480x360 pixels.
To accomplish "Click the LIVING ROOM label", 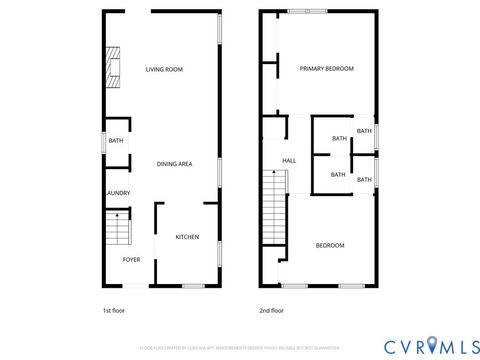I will (164, 69).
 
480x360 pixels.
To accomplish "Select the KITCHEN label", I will (187, 237).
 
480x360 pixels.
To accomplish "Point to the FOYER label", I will (131, 259).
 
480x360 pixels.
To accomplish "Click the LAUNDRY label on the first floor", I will (117, 193).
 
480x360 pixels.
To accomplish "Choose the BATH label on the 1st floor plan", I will (115, 141).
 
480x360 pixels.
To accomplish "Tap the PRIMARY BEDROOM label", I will (327, 69).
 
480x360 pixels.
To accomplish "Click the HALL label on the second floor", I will (289, 160).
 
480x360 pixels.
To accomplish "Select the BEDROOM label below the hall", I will (330, 245).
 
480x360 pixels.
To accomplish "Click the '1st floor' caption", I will (114, 310).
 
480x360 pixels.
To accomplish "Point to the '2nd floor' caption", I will (270, 310).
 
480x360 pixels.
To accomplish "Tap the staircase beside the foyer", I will (118, 231).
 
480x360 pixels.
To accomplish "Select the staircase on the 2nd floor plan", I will (273, 205).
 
